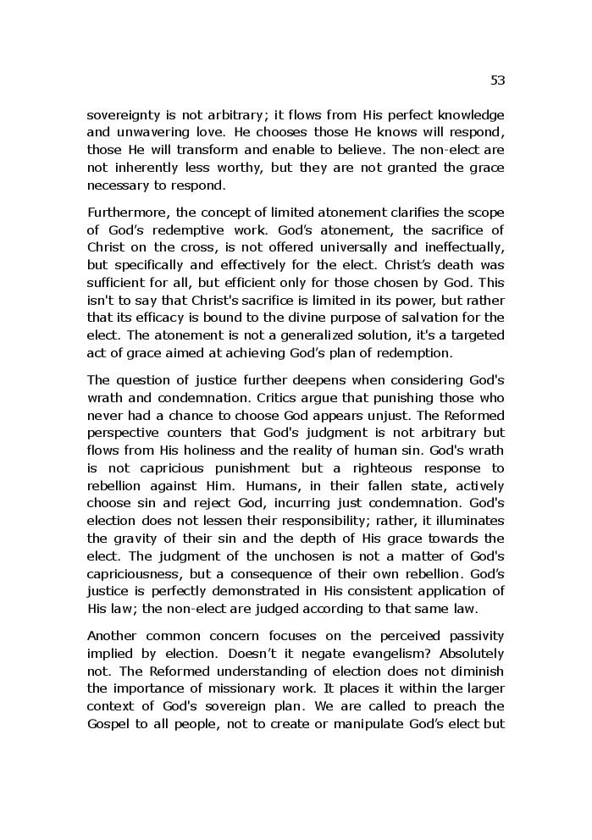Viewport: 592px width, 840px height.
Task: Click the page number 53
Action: point(497,80)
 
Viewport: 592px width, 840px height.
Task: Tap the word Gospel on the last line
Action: point(108,723)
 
